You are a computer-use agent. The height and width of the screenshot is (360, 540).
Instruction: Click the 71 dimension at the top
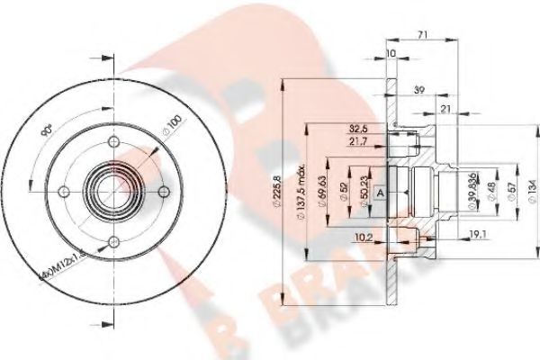[422, 35]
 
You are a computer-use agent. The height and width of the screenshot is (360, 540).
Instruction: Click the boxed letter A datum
[380, 193]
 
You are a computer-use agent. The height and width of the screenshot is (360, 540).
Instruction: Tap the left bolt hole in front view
[62, 190]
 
